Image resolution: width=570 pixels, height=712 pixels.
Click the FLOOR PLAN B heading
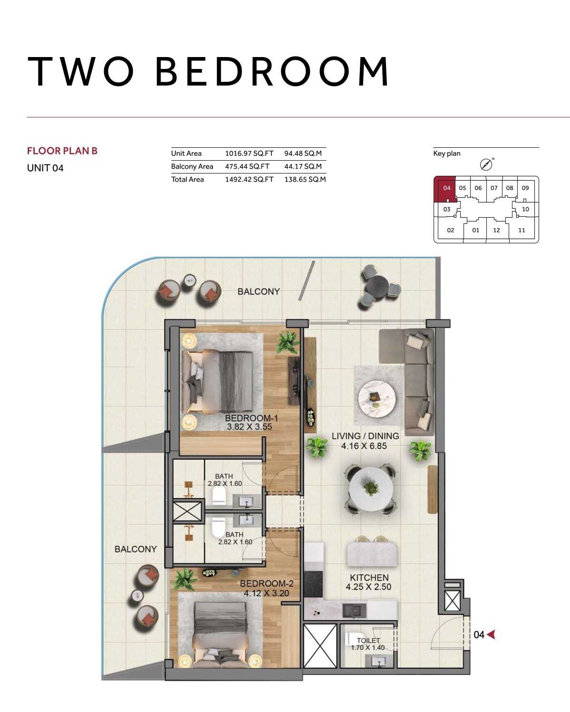coord(62,151)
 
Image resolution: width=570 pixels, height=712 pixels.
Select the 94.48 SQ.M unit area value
coord(303,153)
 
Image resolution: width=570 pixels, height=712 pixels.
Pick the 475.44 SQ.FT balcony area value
coord(247,166)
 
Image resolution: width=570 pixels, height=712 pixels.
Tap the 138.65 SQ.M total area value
coord(305,179)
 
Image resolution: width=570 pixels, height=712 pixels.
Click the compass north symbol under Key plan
coord(486,164)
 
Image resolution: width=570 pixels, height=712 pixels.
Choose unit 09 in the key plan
coord(525,188)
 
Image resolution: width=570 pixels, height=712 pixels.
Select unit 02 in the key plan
coord(451,230)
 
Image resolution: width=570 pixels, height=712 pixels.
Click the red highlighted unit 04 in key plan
coord(445,189)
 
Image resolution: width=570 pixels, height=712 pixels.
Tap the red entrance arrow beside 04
coord(491,634)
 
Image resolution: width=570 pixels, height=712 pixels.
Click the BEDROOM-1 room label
coord(251,418)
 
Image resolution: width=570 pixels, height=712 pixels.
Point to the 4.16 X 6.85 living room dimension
coord(364,446)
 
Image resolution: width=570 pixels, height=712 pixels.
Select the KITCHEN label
coord(369,577)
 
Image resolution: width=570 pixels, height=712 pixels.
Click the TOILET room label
coord(368,640)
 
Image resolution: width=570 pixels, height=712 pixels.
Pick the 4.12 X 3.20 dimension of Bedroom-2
coord(267,593)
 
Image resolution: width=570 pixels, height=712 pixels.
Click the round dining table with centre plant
coord(371,489)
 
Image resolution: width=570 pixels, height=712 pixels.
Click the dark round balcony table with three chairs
coord(377,285)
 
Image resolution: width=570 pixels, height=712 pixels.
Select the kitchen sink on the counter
coord(355,609)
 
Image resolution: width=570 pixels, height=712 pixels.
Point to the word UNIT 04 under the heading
coord(45,168)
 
